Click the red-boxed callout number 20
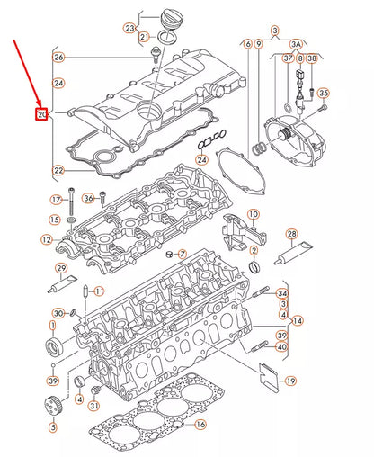[41, 114]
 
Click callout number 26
[59, 58]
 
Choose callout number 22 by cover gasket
[59, 170]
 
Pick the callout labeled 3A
[296, 42]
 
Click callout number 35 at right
[324, 93]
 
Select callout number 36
[88, 198]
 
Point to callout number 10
[254, 215]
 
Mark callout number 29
[61, 269]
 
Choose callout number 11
[99, 291]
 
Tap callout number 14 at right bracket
[298, 320]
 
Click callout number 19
[290, 381]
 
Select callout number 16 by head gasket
[201, 425]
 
